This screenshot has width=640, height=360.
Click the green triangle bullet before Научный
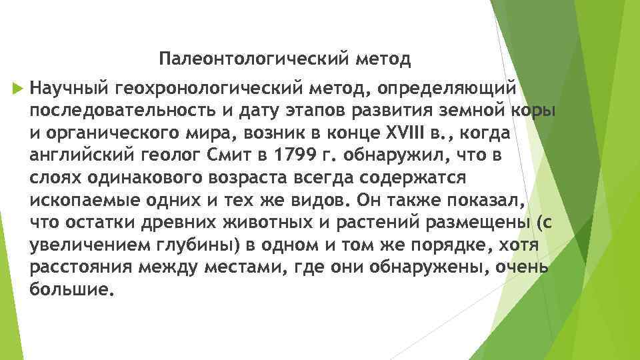(17, 88)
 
